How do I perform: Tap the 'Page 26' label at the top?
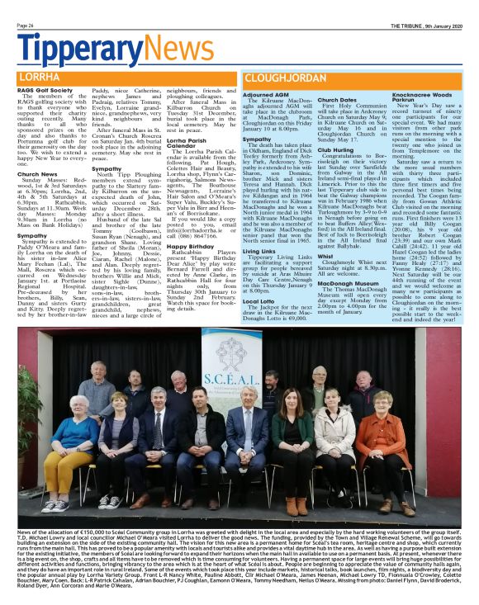point(26,26)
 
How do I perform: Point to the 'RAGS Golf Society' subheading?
point(41,90)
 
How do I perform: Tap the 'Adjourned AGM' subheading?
point(266,95)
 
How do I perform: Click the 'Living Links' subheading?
point(260,250)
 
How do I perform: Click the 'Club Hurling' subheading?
point(337,149)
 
